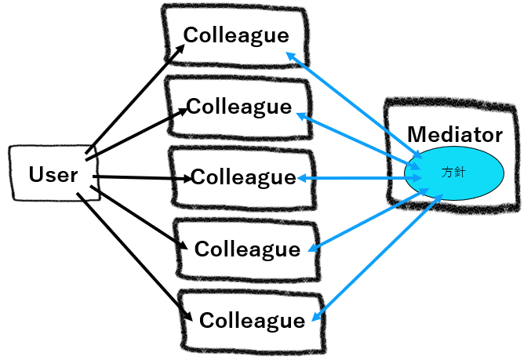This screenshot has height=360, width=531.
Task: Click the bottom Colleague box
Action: (250, 320)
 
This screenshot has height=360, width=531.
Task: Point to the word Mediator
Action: (455, 134)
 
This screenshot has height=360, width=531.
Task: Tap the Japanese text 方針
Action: (454, 172)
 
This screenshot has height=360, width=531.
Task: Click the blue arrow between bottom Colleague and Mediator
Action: (376, 260)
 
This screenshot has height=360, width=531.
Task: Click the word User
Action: (53, 173)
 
